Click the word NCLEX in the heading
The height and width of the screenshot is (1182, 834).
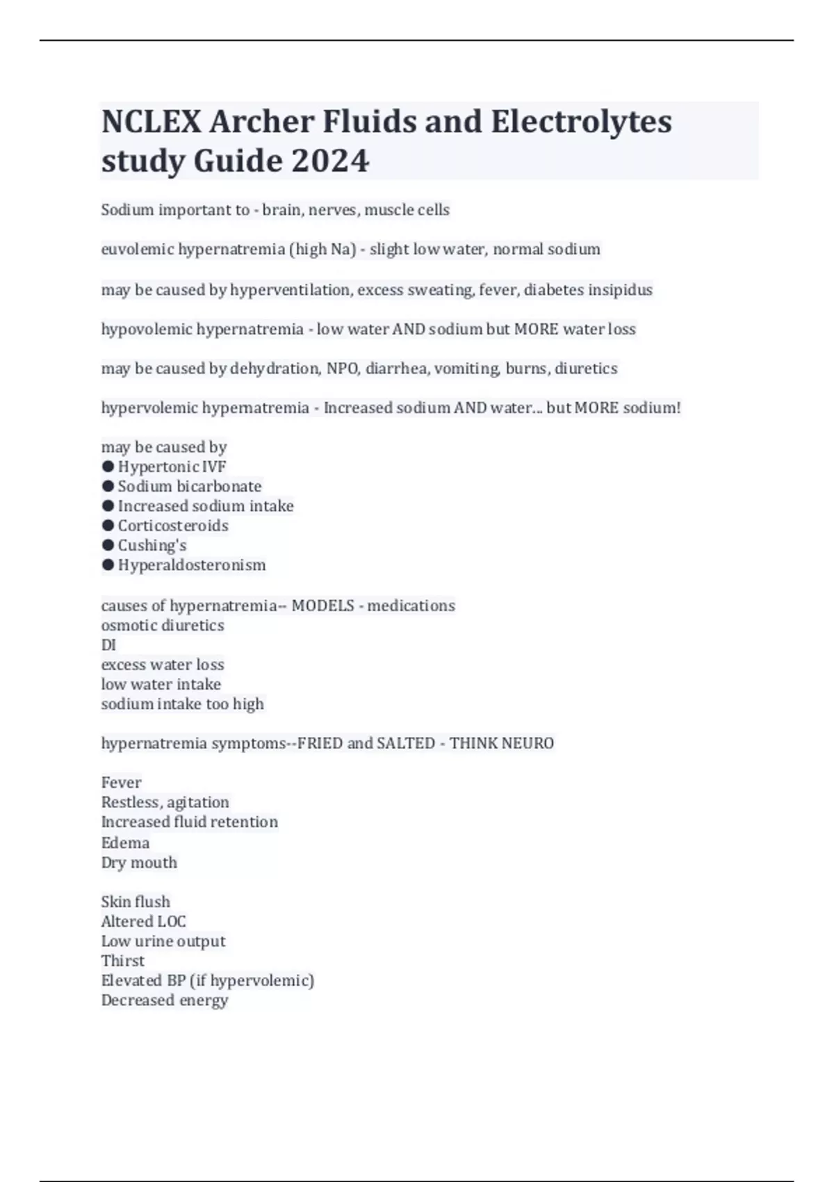[151, 122]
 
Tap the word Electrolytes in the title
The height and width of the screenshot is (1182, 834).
[581, 122]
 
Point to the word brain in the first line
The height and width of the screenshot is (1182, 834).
[281, 210]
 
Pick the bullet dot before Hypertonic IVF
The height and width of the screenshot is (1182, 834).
[108, 467]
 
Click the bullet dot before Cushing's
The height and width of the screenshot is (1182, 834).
[108, 545]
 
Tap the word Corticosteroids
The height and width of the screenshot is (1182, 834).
[173, 526]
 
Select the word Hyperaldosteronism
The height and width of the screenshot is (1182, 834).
[192, 565]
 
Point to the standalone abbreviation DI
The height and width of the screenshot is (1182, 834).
[108, 645]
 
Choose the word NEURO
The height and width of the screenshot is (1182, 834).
[527, 743]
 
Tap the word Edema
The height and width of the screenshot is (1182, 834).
[125, 843]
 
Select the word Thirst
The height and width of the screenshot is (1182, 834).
[123, 961]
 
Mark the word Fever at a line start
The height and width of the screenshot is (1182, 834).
[121, 783]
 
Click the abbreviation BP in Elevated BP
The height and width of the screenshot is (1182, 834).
[176, 980]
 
